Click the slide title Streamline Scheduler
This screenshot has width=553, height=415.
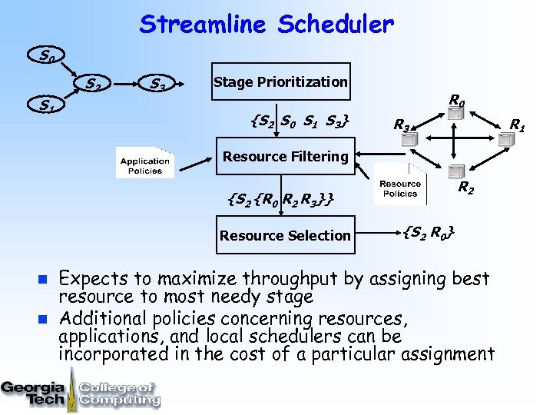[266, 25]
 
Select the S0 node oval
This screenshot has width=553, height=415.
[47, 55]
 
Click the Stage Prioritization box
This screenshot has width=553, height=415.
[280, 81]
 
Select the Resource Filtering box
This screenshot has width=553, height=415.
[285, 157]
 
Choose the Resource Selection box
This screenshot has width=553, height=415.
[285, 235]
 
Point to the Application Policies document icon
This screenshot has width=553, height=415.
[144, 163]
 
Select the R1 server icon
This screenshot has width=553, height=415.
[505, 139]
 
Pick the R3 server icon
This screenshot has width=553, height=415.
[409, 139]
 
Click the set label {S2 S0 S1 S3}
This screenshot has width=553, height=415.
[301, 121]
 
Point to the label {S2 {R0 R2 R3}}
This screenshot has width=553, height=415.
[280, 199]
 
